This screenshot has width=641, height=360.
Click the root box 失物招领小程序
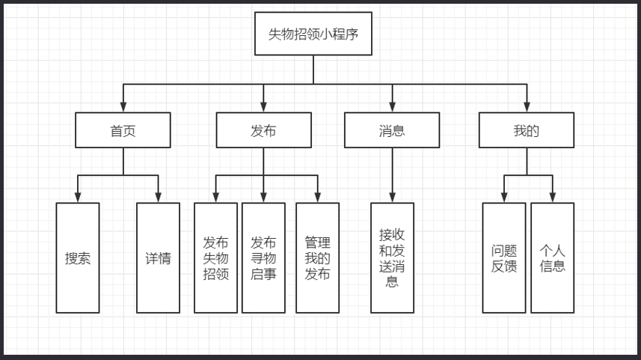click(313, 34)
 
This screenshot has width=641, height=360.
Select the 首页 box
click(123, 130)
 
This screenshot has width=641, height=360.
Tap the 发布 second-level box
click(263, 130)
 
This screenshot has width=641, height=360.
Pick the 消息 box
click(392, 130)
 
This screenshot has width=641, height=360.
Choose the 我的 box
click(527, 130)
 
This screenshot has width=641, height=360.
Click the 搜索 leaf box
click(78, 258)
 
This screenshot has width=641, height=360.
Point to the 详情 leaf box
click(158, 258)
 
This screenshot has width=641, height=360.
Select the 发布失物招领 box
click(215, 258)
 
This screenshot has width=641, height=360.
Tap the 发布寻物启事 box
click(263, 258)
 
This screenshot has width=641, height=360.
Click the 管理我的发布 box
click(317, 258)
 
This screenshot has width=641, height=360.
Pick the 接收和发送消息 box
click(392, 258)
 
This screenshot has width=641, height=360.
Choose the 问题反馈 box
click(503, 258)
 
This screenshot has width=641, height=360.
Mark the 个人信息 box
click(553, 258)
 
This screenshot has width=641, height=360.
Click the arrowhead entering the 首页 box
click(123, 107)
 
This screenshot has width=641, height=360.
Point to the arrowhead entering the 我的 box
click(527, 107)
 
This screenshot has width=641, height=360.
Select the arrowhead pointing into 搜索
click(78, 198)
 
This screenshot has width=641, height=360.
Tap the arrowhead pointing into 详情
click(158, 198)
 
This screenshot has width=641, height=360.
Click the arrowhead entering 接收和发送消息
click(392, 198)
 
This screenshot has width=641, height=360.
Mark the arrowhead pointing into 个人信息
click(553, 198)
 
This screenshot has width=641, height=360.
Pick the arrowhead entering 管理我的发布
click(317, 198)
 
